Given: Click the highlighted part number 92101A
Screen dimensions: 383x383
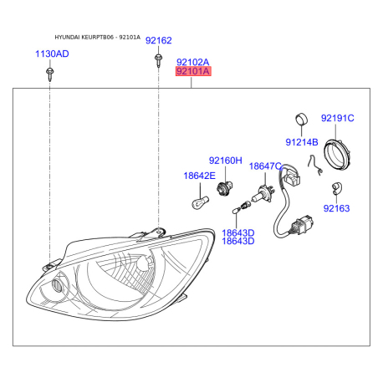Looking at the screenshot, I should point(192,72).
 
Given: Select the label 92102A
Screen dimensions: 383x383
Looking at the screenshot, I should point(192,62).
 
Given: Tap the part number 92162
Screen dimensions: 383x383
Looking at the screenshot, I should point(158,40).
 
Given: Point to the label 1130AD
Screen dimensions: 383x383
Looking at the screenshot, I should point(52,54).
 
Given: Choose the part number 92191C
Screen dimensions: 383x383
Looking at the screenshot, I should point(339,119).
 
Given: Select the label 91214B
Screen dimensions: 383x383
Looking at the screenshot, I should point(301,142).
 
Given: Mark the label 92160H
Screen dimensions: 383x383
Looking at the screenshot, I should point(225,160).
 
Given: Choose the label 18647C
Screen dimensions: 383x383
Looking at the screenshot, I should point(265,166).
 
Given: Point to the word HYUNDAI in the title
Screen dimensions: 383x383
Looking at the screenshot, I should point(69,38).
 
